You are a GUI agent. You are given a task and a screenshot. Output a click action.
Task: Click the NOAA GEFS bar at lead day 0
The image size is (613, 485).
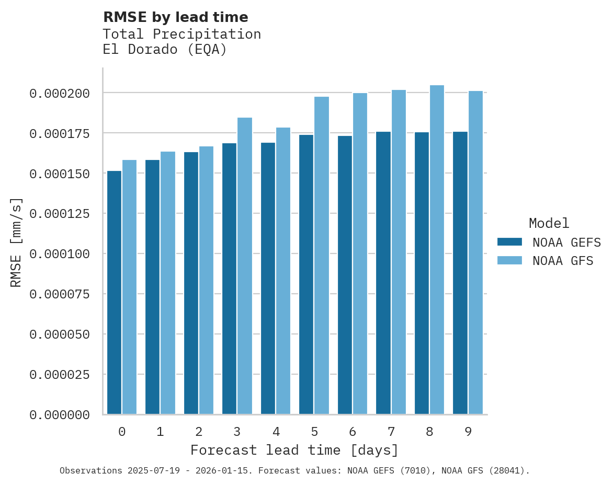[114, 293]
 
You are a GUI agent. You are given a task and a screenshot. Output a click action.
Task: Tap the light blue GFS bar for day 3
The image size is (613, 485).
[245, 266]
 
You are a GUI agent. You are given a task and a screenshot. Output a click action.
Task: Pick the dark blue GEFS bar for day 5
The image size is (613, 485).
[306, 274]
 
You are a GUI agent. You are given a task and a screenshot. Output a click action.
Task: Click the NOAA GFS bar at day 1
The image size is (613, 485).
[168, 283]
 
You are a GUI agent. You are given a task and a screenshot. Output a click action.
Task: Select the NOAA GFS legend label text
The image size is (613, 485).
[563, 261]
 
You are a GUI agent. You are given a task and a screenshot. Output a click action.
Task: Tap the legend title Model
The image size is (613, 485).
[549, 223]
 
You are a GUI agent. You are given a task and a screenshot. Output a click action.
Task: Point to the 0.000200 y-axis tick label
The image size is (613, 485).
[60, 94]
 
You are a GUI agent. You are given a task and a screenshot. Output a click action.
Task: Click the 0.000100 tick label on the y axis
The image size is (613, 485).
[60, 254]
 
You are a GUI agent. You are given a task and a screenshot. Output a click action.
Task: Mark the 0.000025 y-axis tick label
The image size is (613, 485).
[60, 375]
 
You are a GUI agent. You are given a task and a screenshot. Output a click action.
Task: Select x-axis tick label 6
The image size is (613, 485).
[353, 432]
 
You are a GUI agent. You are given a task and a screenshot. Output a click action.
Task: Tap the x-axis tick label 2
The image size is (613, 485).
[199, 432]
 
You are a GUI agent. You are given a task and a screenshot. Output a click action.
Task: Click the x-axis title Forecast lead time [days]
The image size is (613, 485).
[294, 450]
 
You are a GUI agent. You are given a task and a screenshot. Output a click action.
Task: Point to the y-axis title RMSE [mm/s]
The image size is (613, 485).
[16, 243]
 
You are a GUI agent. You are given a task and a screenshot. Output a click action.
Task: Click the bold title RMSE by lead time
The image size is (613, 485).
[175, 17]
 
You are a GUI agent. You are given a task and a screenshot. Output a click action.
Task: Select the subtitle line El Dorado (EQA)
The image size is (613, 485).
[165, 50]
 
